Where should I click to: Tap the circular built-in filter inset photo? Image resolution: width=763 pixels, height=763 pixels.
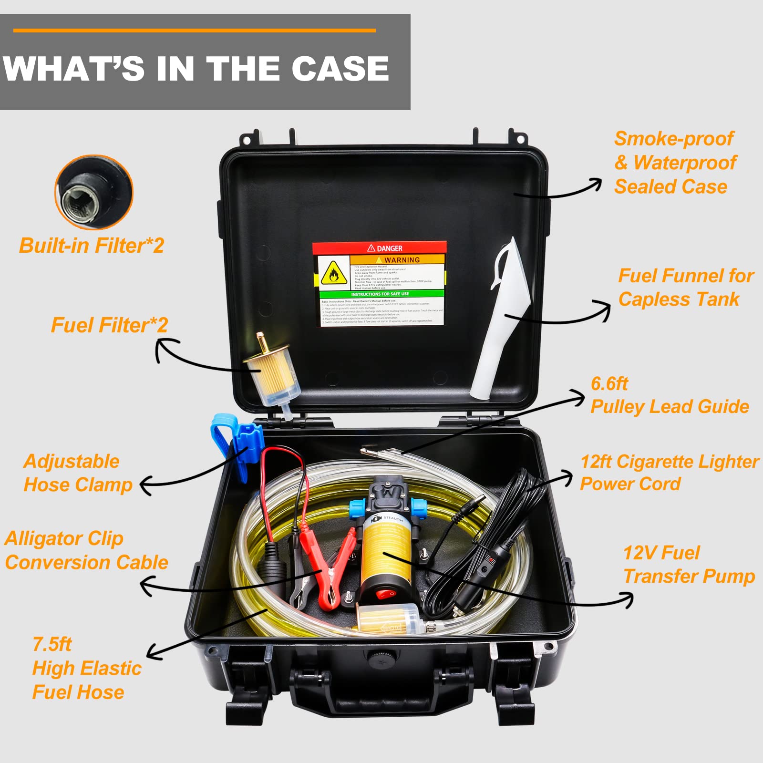tap(94, 192)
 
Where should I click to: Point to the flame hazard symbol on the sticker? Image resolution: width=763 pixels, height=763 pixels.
tap(334, 274)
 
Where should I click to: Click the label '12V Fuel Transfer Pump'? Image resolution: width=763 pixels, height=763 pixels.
tap(688, 565)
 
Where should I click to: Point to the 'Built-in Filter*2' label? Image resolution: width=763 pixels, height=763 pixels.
tap(92, 246)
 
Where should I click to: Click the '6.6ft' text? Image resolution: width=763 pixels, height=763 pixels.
tap(609, 383)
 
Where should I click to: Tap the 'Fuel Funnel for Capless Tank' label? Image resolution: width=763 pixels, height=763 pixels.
tap(685, 288)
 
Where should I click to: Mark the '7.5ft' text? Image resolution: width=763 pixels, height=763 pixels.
tap(52, 644)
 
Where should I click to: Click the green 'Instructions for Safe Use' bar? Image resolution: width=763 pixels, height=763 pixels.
tap(380, 294)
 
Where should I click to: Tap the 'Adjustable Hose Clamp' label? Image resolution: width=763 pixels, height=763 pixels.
tap(78, 473)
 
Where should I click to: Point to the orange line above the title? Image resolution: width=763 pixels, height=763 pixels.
tap(194, 31)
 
